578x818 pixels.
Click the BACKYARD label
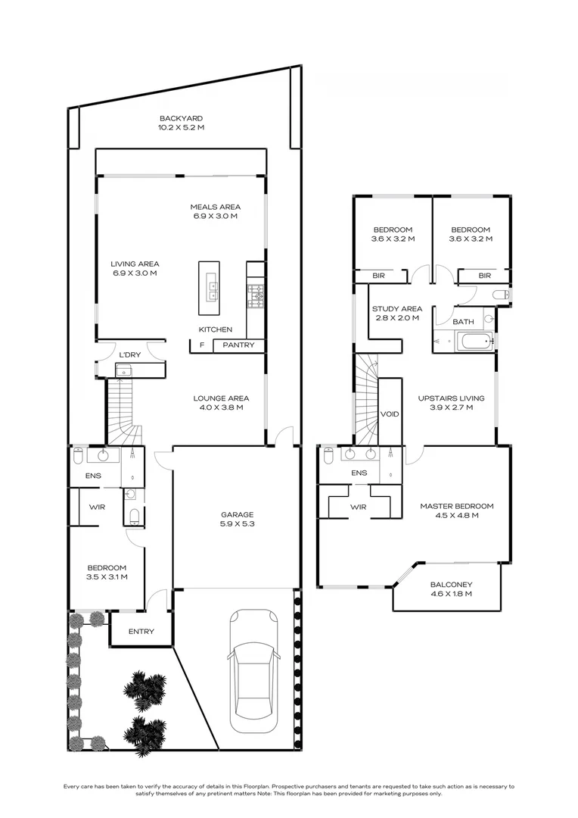coord(181,118)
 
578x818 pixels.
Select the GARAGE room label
coord(237,514)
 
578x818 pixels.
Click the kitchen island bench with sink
coord(209,287)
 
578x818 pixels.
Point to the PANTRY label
coord(239,346)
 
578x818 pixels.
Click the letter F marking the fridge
coord(201,346)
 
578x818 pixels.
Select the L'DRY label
coord(130,354)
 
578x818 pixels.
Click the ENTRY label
coord(141,632)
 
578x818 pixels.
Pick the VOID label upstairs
coord(390,414)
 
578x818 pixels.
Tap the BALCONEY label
coord(451,585)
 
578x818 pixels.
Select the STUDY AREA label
coord(396,309)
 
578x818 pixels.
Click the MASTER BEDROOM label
coord(457,506)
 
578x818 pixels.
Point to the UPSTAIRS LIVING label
coord(452,398)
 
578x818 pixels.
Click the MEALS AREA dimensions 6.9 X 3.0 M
coord(215,217)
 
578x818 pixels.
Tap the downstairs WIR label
coord(96,507)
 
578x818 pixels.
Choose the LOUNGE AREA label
coord(221,398)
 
